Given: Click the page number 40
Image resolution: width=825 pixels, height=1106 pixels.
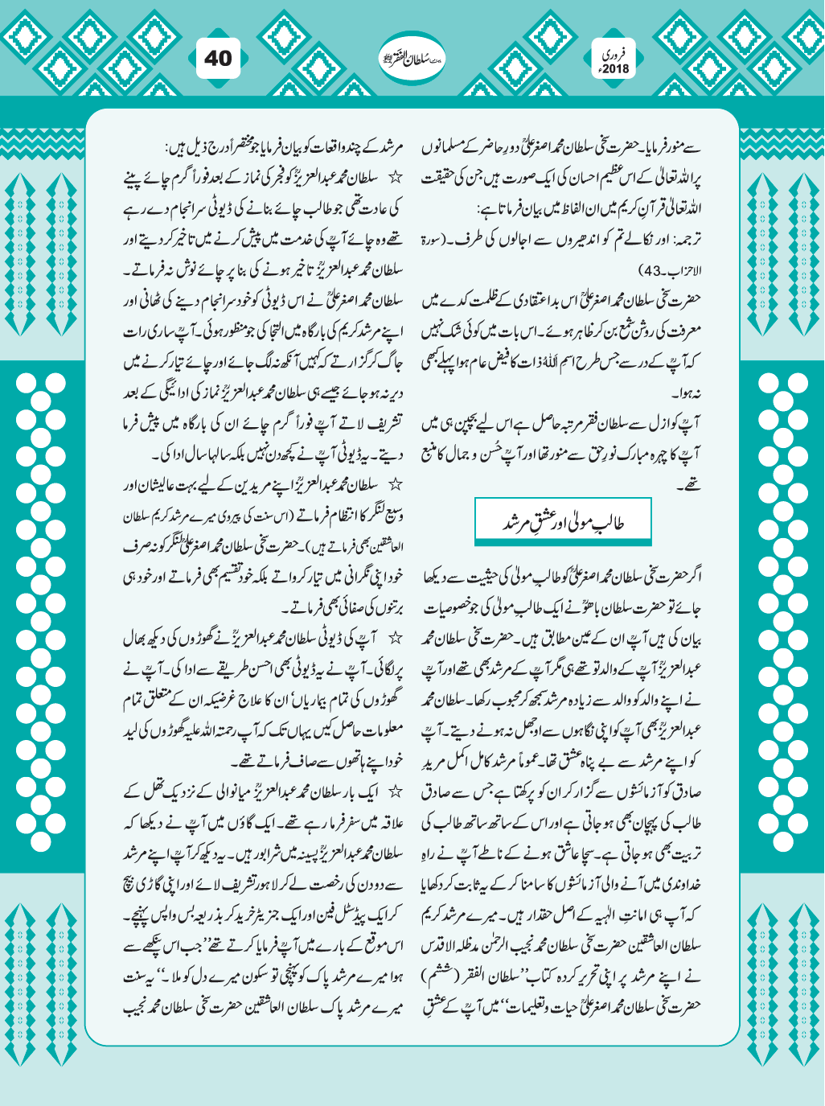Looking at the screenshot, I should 217,58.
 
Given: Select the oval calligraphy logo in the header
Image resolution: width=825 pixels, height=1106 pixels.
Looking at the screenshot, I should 412,58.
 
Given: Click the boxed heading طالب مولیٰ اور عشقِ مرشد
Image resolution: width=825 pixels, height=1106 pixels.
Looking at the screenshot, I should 563,522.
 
